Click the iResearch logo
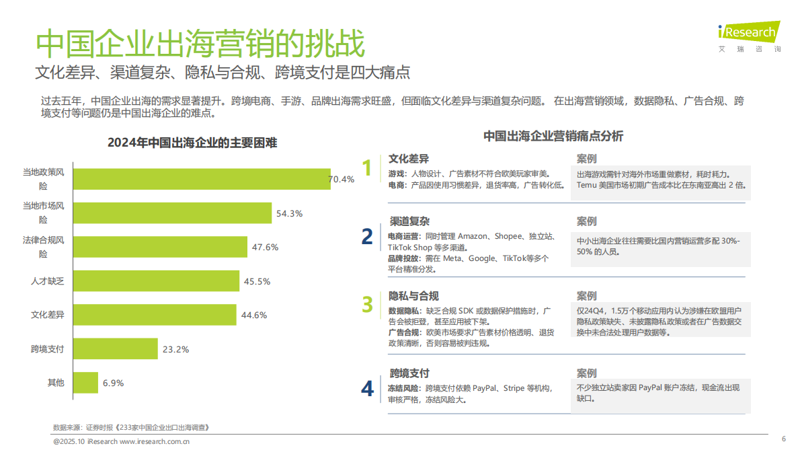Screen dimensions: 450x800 tap(748, 32)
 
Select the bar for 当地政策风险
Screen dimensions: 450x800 tap(201, 179)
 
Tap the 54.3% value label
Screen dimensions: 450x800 tap(290, 213)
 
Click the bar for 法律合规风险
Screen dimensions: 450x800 tap(160, 247)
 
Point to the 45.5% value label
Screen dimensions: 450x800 tap(257, 281)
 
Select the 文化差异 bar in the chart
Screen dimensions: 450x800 tap(155, 315)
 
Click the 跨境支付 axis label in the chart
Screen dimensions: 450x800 tap(47, 349)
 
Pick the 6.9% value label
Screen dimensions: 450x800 tap(113, 383)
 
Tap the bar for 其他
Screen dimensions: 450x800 tap(85, 383)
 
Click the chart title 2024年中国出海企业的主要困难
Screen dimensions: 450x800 tap(192, 143)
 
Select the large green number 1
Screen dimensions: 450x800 tap(366, 168)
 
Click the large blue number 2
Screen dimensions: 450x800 tap(367, 236)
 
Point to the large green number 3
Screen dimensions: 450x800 tap(367, 305)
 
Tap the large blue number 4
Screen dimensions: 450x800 tap(367, 389)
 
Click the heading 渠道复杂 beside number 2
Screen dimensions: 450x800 tap(409, 221)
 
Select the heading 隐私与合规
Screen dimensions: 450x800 tap(413, 296)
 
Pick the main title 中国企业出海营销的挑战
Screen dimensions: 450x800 tap(200, 44)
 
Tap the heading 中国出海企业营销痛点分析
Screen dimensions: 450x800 tap(553, 136)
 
